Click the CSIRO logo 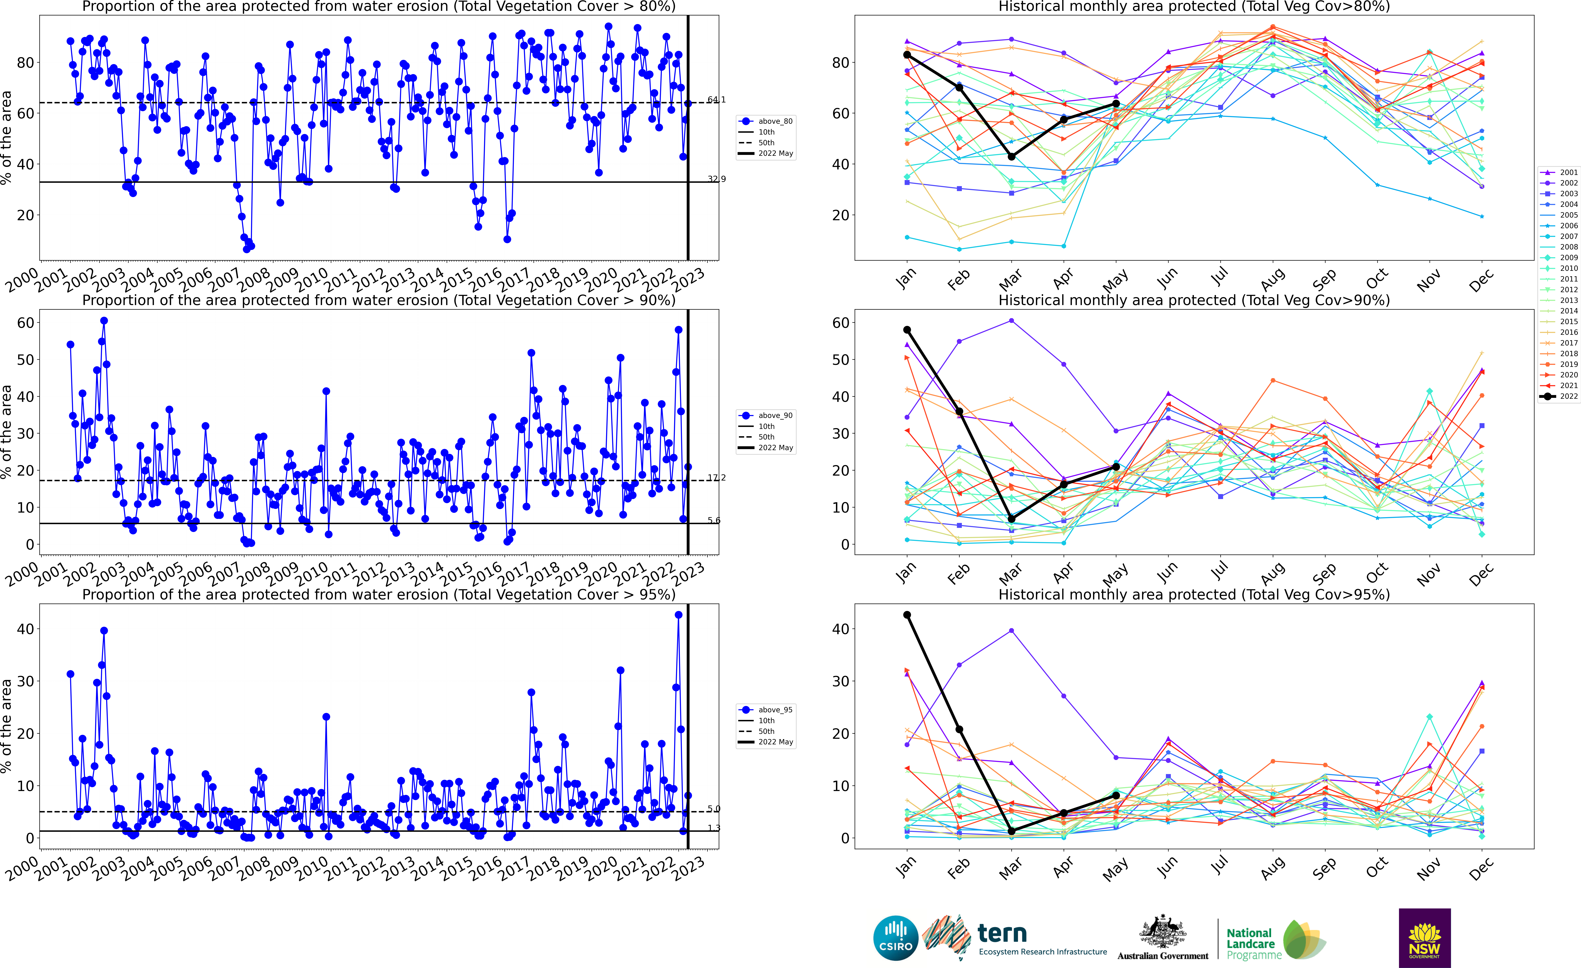pos(896,938)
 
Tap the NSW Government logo pos(1424,938)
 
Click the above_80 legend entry pos(767,121)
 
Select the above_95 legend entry pos(767,709)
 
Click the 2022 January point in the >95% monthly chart pos(907,615)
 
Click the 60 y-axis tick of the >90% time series pos(26,323)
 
